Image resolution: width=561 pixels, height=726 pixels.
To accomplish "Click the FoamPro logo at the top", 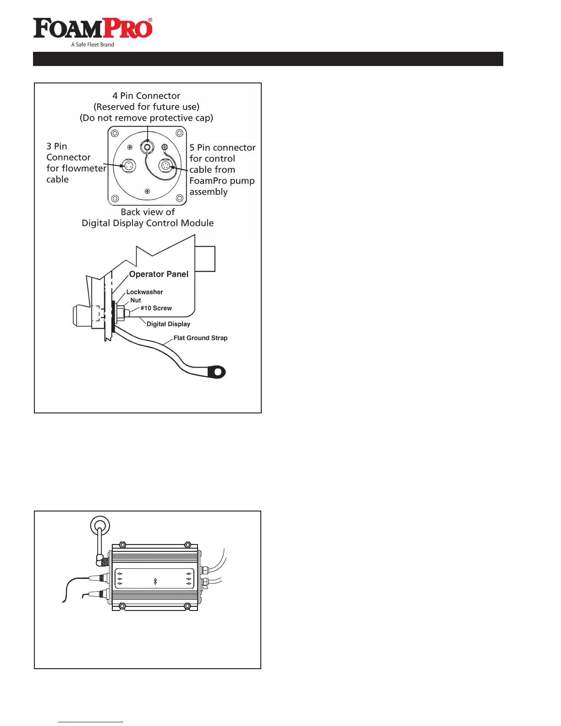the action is (93, 28).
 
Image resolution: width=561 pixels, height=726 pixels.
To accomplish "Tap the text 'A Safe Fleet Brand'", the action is (93, 44).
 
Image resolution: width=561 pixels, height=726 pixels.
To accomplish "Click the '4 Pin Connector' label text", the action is (146, 96).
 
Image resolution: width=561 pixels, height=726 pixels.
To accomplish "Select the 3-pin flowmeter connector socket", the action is (129, 165).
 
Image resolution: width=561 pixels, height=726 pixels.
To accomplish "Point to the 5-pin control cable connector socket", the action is (165, 165).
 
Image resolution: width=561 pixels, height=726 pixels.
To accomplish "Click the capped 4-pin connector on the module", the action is (147, 147).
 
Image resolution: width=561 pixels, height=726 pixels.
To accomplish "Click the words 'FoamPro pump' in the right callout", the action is (222, 181).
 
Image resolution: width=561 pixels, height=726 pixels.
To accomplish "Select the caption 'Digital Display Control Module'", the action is (148, 223).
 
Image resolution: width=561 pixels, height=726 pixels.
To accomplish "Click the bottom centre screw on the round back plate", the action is (147, 191).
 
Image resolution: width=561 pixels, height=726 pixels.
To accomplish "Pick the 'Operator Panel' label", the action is (159, 274).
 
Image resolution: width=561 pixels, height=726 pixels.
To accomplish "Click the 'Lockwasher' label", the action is (144, 292).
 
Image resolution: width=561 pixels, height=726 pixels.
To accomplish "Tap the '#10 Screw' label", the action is (156, 308).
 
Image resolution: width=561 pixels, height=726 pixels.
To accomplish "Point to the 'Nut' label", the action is (136, 300).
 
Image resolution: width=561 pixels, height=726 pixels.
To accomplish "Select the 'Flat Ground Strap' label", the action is (200, 338).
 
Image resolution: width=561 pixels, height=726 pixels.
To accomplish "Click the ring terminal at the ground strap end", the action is (217, 371).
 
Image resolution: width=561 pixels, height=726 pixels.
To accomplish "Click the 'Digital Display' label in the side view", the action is (168, 324).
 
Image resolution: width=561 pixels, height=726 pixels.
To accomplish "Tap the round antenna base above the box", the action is (100, 525).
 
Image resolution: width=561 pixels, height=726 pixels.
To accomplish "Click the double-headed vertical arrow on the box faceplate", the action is (155, 581).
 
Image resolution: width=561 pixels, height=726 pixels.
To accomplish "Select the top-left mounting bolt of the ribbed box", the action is (122, 545).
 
